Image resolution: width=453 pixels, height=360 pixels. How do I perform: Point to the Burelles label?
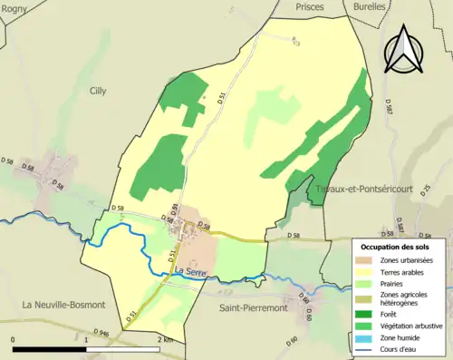tap(367, 5)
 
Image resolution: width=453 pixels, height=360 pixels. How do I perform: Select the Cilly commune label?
tap(98, 91)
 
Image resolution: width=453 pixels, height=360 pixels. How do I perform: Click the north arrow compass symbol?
tap(404, 47)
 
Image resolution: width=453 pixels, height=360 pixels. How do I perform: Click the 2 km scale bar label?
tap(165, 338)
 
